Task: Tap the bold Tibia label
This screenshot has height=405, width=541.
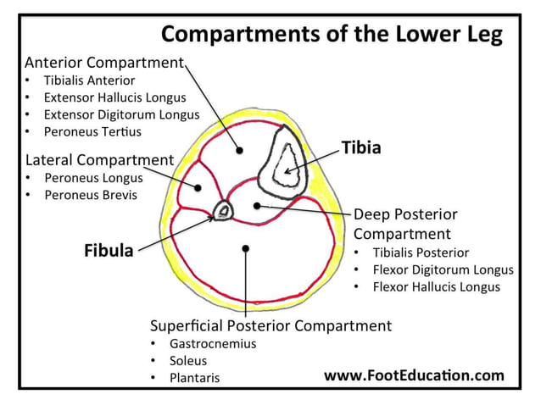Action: [361, 147]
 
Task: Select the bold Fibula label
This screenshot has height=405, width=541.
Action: [108, 251]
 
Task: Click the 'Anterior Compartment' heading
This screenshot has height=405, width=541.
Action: [104, 63]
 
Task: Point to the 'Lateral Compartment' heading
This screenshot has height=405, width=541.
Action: [99, 159]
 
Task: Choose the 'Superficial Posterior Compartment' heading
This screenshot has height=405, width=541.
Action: [270, 325]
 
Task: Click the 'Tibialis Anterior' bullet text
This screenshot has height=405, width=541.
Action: [89, 80]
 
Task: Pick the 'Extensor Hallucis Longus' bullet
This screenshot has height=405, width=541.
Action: [114, 97]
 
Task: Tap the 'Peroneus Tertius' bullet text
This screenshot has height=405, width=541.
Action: [92, 131]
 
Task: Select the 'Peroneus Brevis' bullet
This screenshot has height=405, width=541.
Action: [90, 195]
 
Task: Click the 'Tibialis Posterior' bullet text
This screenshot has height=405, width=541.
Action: [421, 252]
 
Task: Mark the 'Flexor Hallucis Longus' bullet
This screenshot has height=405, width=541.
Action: [436, 286]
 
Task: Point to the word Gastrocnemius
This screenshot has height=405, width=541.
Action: [212, 344]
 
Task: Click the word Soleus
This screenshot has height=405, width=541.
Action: [188, 361]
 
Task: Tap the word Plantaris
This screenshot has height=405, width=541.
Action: [194, 378]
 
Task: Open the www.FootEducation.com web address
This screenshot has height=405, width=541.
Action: [414, 374]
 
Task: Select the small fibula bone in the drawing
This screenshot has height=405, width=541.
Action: [224, 210]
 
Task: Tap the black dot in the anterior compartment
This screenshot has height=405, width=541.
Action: [240, 150]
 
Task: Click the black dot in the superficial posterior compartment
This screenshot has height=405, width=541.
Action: [245, 248]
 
